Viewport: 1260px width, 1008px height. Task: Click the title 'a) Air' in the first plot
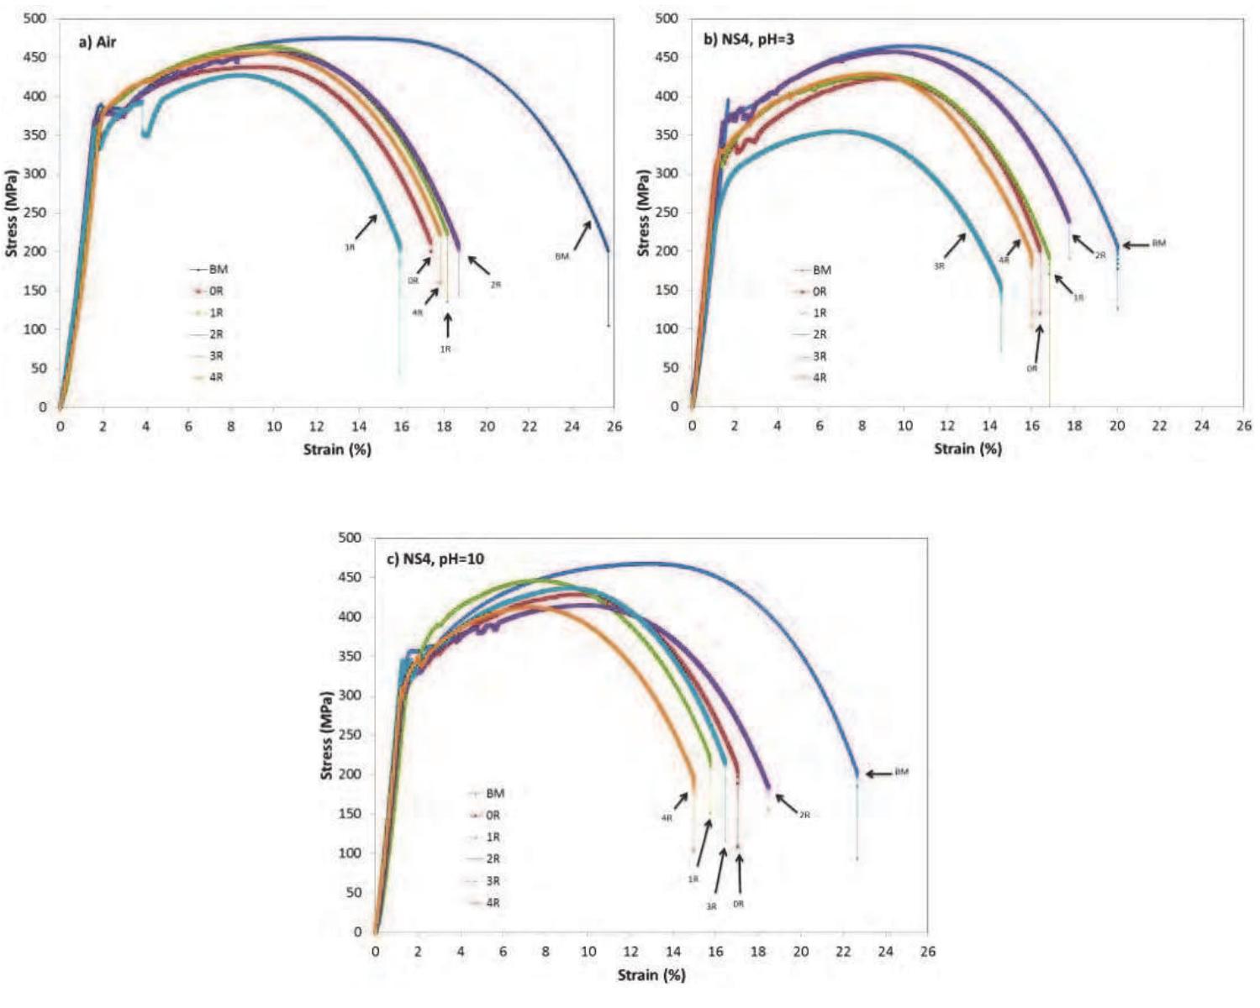98,42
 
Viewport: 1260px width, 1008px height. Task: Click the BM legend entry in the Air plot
218,270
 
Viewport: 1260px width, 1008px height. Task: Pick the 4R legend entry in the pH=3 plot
819,378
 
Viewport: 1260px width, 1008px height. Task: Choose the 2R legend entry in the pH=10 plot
493,858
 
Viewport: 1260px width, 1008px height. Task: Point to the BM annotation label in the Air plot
561,256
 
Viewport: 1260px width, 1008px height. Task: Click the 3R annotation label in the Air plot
349,248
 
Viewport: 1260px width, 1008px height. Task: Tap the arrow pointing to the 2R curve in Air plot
478,265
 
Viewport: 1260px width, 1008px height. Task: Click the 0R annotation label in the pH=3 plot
1031,369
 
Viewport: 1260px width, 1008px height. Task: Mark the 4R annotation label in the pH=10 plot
667,818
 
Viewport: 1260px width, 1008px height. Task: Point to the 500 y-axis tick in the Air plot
35,18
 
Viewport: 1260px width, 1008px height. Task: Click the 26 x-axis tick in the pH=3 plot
1244,427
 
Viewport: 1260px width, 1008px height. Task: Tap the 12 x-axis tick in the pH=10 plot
630,952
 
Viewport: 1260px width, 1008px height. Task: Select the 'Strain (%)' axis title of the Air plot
337,449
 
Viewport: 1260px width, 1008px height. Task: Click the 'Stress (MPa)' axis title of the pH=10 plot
327,735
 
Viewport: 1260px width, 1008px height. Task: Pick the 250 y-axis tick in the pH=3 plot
667,213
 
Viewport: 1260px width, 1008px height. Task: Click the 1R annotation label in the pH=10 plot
693,879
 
